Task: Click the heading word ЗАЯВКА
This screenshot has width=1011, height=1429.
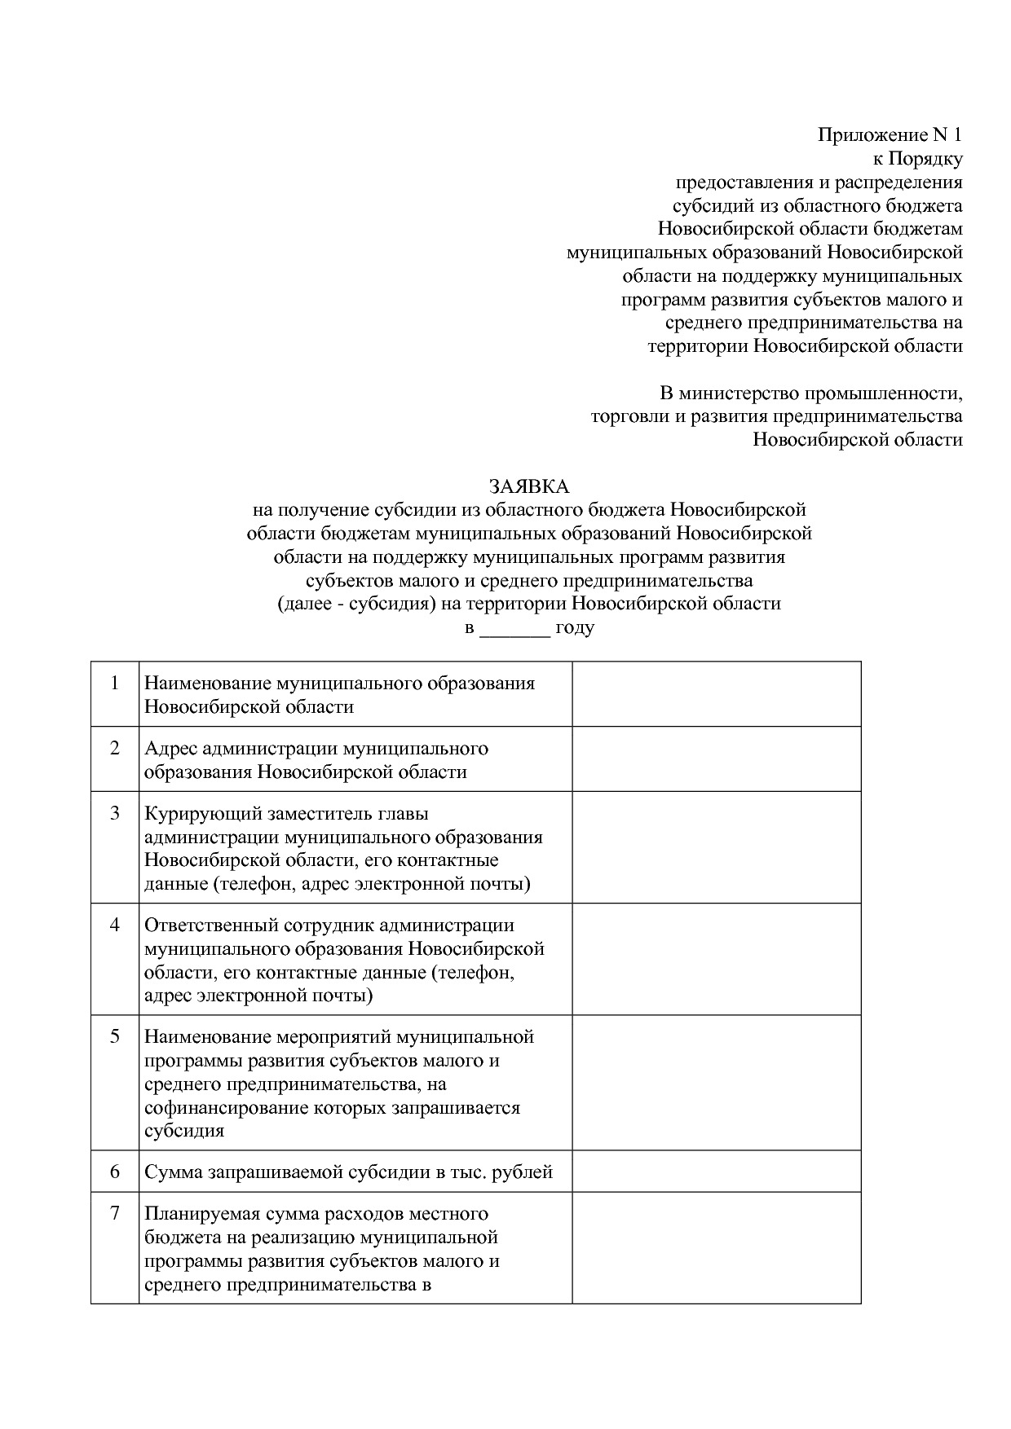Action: click(528, 486)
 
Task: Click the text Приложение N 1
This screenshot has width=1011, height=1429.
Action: click(890, 135)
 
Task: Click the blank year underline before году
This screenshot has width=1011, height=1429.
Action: click(514, 628)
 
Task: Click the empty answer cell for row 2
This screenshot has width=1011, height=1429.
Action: click(716, 758)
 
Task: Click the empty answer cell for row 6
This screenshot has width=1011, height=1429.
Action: click(716, 1172)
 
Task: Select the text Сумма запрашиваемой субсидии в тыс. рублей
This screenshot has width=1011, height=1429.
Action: click(348, 1172)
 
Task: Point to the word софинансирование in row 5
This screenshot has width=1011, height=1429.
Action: click(218, 1108)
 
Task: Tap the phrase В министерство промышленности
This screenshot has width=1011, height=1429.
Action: click(810, 394)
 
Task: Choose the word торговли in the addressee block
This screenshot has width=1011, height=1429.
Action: click(624, 417)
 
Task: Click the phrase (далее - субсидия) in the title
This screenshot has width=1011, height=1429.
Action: click(354, 604)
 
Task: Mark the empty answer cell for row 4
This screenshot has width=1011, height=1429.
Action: click(716, 959)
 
